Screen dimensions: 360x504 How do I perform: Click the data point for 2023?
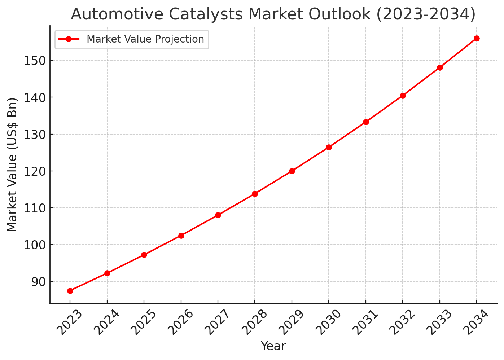click(x=70, y=291)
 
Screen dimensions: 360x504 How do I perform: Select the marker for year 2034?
click(x=477, y=38)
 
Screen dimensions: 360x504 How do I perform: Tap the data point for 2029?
click(x=292, y=171)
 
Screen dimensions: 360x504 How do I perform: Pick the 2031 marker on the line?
click(x=366, y=122)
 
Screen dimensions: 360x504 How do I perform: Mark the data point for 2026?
click(x=181, y=236)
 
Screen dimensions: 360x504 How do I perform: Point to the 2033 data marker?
click(x=440, y=67)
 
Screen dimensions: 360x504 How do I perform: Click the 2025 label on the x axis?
click(x=143, y=322)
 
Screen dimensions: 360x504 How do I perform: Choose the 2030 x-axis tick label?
click(x=328, y=322)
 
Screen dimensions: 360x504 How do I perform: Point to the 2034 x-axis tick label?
click(x=476, y=322)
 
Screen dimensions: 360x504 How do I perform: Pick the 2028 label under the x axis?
click(x=254, y=322)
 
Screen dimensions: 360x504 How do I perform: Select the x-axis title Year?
click(x=273, y=346)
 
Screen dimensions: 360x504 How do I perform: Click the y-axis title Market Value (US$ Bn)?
click(x=13, y=164)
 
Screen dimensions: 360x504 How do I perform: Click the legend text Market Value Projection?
click(x=145, y=39)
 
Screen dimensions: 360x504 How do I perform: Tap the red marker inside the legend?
click(x=69, y=39)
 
